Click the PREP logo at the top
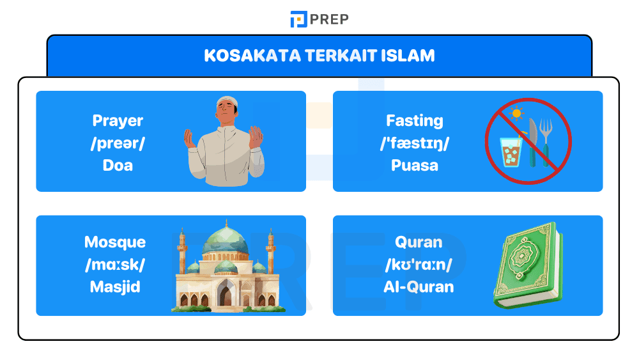319,19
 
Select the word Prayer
118,120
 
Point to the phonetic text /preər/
118,143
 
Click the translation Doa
118,165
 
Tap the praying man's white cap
226,102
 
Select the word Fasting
414,120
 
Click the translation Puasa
414,165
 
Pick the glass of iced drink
512,151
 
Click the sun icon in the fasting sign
516,114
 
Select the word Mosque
115,242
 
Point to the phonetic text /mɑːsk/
115,264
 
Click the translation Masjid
115,286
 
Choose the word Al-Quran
419,286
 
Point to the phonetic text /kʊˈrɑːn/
419,264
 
